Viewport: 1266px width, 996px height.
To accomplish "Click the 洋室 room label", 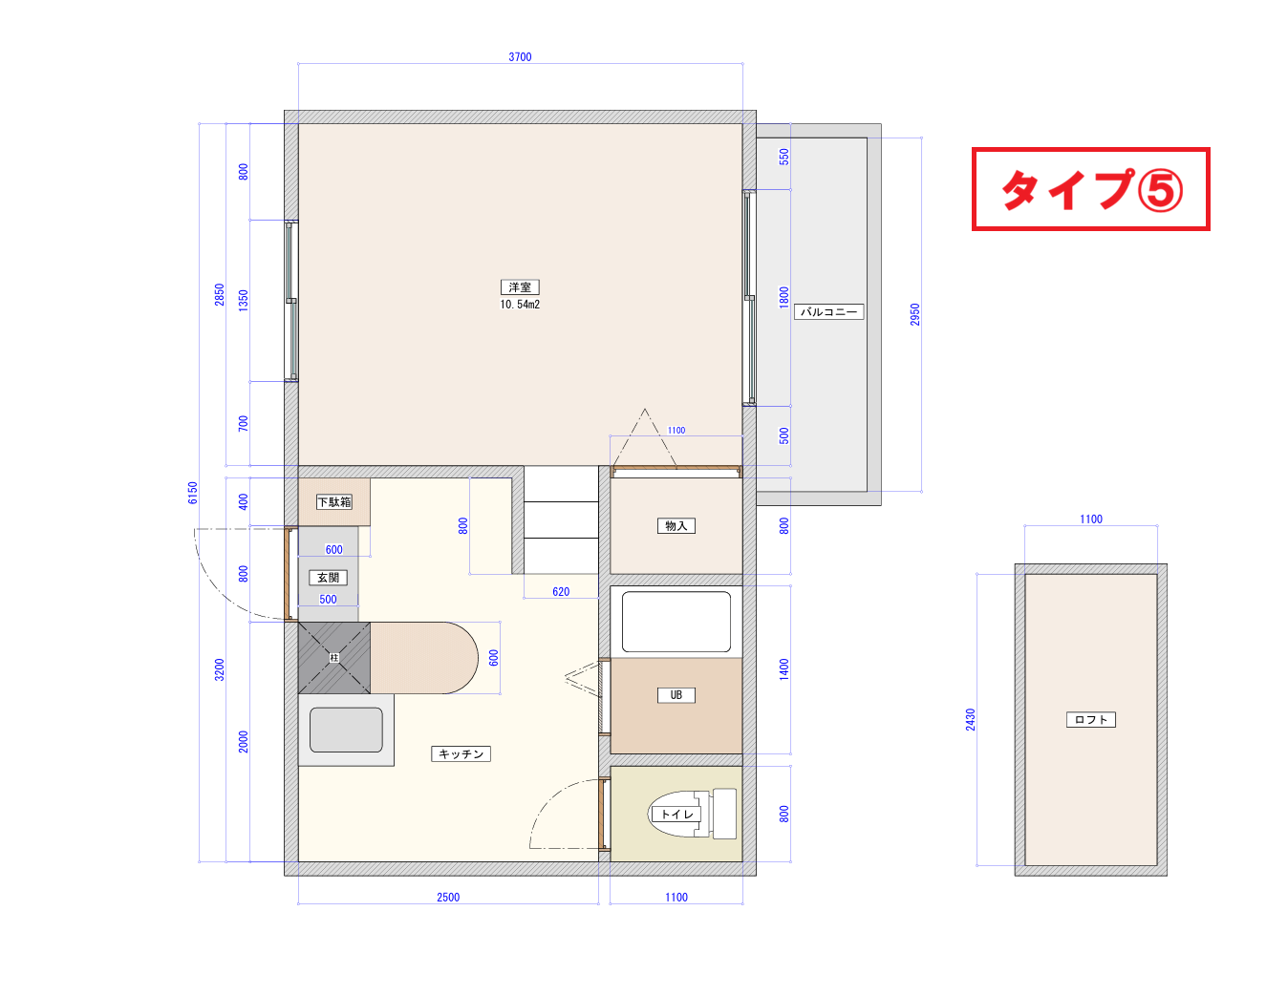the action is click(520, 286).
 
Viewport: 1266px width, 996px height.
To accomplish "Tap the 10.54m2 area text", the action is click(520, 304).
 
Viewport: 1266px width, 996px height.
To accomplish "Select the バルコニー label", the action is click(828, 311).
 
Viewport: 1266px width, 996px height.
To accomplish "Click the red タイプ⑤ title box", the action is click(1090, 189).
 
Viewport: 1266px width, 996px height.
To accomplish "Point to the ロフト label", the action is click(1091, 719).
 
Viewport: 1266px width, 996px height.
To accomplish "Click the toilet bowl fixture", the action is click(691, 814).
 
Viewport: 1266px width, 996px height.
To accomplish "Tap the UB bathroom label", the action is click(676, 695).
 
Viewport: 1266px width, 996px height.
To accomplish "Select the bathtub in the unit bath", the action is click(676, 622).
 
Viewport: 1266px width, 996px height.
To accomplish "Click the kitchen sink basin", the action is click(346, 730).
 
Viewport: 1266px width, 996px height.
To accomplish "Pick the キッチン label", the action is click(461, 753).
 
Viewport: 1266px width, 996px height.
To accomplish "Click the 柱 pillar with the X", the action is click(334, 657).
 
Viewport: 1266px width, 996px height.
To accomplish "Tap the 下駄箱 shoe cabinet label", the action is click(334, 501).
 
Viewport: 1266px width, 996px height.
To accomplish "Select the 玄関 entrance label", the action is click(328, 578).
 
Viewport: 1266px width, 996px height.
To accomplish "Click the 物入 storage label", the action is click(676, 525).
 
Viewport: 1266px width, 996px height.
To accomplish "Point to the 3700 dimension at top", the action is click(520, 57).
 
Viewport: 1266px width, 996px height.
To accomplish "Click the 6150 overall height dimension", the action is click(192, 493).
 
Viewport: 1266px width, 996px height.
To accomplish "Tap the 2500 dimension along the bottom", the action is click(448, 898).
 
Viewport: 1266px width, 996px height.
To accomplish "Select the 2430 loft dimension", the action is click(970, 720).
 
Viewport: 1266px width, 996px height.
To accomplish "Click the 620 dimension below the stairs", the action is click(561, 591).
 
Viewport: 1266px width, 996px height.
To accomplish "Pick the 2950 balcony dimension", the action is click(914, 314).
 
